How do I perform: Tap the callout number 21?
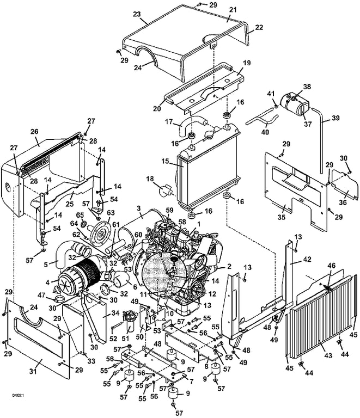(233, 10)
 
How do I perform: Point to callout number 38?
(307, 86)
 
